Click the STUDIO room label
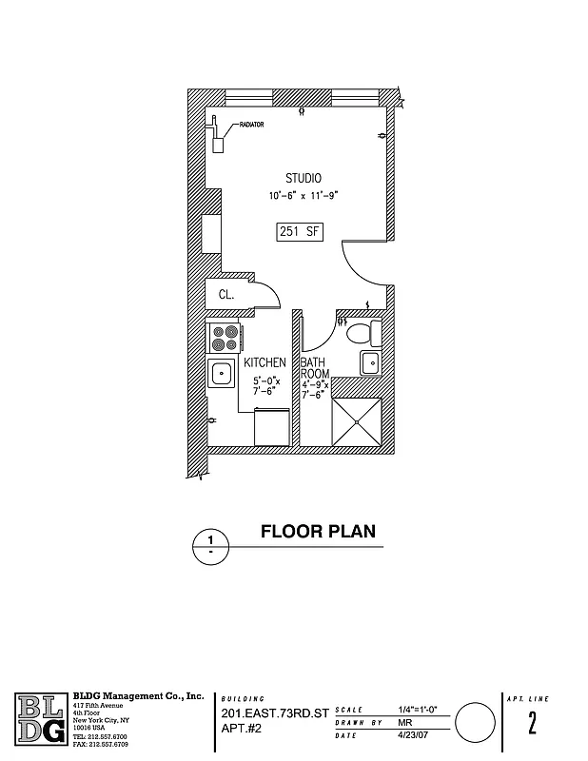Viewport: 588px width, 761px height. [x=304, y=178]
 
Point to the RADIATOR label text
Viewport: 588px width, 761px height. [x=252, y=125]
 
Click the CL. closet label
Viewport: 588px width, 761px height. [x=227, y=295]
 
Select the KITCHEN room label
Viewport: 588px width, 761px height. [x=265, y=363]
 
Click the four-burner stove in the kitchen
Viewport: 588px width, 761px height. [x=225, y=338]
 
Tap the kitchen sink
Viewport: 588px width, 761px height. [x=222, y=373]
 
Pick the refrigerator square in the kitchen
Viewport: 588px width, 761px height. [x=271, y=427]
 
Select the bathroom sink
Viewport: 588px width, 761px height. [x=369, y=362]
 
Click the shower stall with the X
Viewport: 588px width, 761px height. [x=356, y=420]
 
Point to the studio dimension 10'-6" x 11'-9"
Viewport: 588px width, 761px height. [x=304, y=196]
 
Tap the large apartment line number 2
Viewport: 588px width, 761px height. [x=532, y=723]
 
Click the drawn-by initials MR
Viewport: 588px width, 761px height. [x=404, y=723]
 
